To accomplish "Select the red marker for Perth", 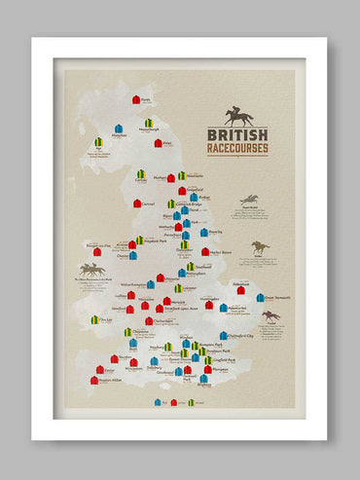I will click(136, 99).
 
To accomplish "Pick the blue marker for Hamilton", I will click(118, 129).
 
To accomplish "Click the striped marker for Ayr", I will click(98, 142).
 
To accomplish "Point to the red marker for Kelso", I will click(158, 143).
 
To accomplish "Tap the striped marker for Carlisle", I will click(141, 174).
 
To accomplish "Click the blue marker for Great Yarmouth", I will click(260, 298).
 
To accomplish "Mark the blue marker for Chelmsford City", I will click(223, 308).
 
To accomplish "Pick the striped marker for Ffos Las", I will click(94, 319).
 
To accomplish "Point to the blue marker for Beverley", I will click(203, 233).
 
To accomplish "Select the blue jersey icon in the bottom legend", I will click(158, 402).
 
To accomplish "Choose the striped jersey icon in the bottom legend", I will click(191, 402).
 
